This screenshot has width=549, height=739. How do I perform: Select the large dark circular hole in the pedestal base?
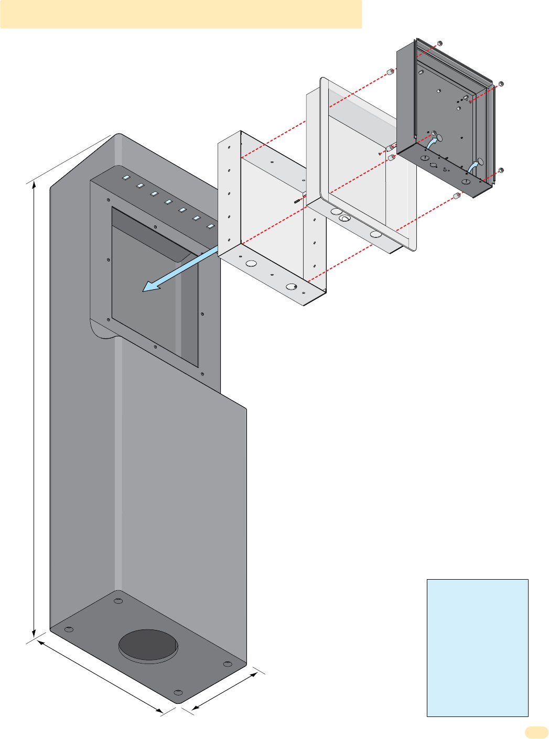(x=148, y=645)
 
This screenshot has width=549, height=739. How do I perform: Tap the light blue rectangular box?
(x=477, y=647)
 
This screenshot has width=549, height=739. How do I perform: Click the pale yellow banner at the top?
(x=181, y=14)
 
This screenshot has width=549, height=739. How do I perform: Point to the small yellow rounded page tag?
(x=535, y=732)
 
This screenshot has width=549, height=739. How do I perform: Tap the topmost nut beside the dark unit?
(x=439, y=43)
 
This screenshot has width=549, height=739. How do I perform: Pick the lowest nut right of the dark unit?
(x=501, y=170)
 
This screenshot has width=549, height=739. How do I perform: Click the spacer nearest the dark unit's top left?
(x=390, y=71)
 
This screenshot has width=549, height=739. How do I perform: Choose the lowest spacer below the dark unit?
(x=457, y=197)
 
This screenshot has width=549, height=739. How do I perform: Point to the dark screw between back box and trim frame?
(x=298, y=200)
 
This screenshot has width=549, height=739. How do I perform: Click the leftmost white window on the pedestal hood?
(x=126, y=178)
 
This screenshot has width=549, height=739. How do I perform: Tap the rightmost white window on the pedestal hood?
(x=210, y=226)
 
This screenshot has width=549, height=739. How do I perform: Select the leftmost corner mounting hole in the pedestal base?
(x=69, y=629)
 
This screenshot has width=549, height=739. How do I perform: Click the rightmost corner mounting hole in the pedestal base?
(x=228, y=664)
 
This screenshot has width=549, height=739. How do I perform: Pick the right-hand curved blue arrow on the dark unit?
(x=473, y=166)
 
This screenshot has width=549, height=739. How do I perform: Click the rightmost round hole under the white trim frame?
(x=375, y=234)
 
